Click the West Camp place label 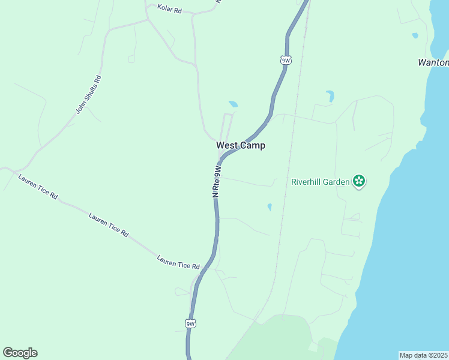(240, 145)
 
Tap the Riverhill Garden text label (320, 182)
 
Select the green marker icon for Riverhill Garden (359, 181)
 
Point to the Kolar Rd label (169, 9)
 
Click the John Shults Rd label (89, 94)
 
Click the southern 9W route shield (190, 324)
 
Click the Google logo (20, 353)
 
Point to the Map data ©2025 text (424, 355)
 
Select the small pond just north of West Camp (233, 104)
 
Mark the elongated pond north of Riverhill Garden (330, 95)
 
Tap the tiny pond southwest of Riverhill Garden (270, 207)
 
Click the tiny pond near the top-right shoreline (415, 35)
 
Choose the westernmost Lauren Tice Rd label (37, 187)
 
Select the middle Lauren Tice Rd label (108, 223)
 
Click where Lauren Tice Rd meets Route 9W (206, 267)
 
